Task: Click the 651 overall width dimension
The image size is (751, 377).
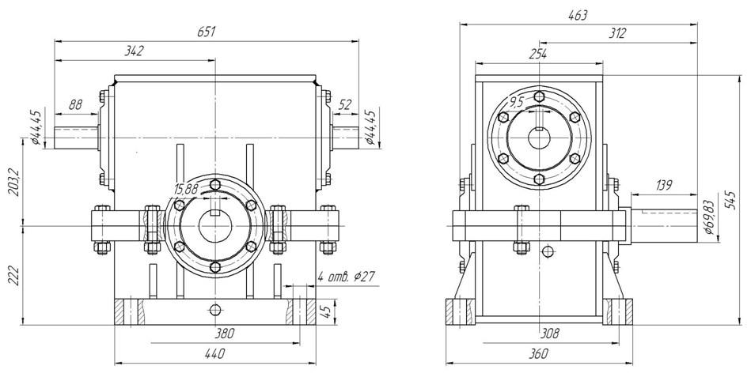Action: point(208,32)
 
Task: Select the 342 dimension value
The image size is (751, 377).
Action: point(135,51)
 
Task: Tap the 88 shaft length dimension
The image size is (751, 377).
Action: point(76,104)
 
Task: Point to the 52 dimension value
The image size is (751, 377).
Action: point(344,104)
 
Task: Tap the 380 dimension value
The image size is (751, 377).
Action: point(225,334)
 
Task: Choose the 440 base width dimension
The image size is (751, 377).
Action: point(214,356)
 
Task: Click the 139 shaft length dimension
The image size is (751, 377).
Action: point(663,185)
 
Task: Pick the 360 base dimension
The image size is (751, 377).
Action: point(537,355)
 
